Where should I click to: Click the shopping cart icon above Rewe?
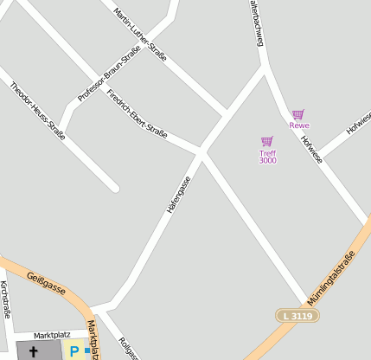pos(297,114)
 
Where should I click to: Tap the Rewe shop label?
pos(299,125)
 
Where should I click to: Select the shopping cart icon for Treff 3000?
pos(267,141)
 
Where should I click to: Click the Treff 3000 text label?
pos(268,157)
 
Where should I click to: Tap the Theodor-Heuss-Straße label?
pos(38,110)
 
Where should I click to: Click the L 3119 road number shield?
pos(297,316)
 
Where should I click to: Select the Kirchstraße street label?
pos(5,299)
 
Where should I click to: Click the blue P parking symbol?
pos(74,352)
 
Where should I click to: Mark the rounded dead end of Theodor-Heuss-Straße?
pos(113,187)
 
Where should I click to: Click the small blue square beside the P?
pos(86,350)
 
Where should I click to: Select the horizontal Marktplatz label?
pos(52,334)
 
